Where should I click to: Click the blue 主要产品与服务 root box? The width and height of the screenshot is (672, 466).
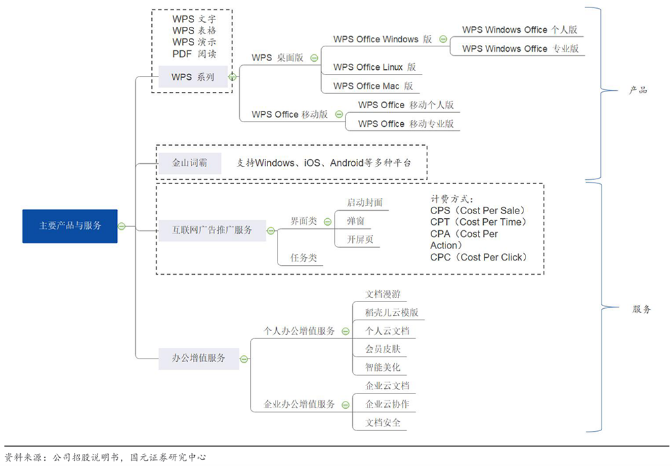70,226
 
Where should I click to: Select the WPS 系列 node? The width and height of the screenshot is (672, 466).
192,77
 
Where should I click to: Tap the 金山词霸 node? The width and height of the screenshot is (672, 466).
190,163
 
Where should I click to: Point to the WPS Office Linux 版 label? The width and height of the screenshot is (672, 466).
374,67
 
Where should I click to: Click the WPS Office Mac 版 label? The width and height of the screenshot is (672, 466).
373,86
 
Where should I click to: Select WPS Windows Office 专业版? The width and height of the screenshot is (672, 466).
520,48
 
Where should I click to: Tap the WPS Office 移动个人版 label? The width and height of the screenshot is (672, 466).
406,105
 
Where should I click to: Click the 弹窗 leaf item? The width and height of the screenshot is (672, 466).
356,220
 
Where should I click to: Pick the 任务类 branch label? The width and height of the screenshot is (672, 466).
303,257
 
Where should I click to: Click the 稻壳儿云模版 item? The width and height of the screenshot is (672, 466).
391,312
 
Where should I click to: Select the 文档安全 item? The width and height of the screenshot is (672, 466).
382,422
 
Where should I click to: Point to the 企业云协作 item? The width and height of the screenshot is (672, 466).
386,404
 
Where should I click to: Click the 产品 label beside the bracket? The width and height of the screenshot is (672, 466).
638,90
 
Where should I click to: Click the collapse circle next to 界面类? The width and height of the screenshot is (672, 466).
327,220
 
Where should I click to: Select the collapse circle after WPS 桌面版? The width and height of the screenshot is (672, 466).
314,58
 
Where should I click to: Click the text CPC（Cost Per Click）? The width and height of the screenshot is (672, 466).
478,257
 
